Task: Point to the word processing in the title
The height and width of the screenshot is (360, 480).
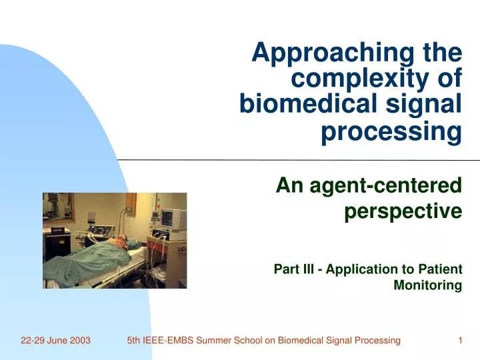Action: (391, 132)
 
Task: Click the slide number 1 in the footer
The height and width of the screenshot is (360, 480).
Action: (460, 341)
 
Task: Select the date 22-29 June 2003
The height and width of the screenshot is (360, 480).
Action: (55, 341)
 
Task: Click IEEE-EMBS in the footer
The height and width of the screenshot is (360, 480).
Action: (167, 341)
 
